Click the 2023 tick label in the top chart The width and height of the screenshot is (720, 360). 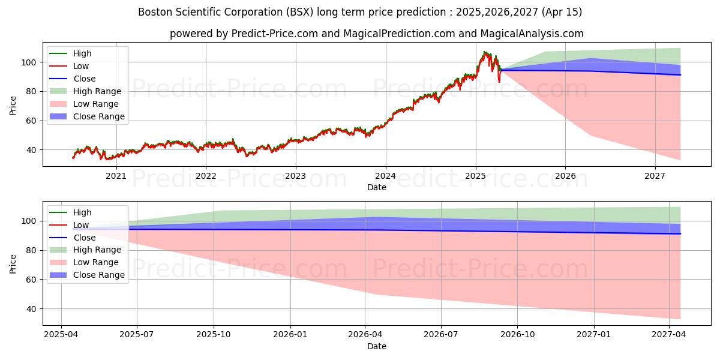(295, 176)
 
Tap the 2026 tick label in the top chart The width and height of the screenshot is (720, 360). (565, 176)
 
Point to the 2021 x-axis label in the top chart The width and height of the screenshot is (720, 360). (116, 176)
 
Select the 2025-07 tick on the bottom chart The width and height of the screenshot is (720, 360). (137, 335)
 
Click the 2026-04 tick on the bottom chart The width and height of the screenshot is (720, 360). (365, 335)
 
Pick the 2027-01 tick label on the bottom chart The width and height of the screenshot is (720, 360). (594, 335)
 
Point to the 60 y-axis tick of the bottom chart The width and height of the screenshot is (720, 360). (32, 280)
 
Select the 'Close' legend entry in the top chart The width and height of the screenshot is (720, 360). (85, 79)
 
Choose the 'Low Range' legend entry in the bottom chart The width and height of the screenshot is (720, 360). (96, 262)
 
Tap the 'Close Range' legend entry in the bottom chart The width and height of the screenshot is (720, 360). (99, 275)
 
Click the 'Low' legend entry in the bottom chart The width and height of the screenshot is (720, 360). (81, 225)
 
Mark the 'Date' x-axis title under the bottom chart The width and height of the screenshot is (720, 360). (376, 346)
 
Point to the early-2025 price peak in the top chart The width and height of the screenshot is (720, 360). (484, 52)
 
